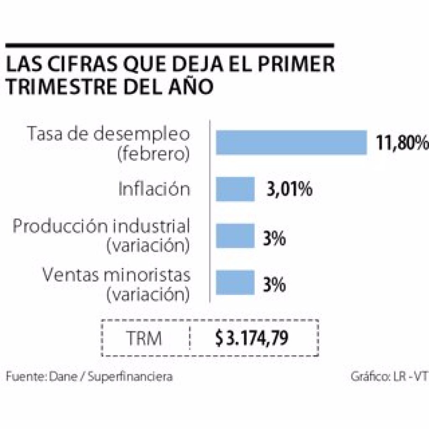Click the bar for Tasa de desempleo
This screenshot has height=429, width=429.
pyautogui.click(x=291, y=142)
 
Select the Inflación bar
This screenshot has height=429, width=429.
pyautogui.click(x=235, y=189)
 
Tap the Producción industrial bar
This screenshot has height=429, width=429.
pyautogui.click(x=235, y=236)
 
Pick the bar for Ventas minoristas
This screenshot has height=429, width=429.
pyautogui.click(x=235, y=282)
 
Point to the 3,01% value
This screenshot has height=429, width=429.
pyautogui.click(x=289, y=189)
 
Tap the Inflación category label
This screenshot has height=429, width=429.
pyautogui.click(x=154, y=189)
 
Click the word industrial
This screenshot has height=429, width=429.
pyautogui.click(x=152, y=227)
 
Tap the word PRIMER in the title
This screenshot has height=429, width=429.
pyautogui.click(x=298, y=66)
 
